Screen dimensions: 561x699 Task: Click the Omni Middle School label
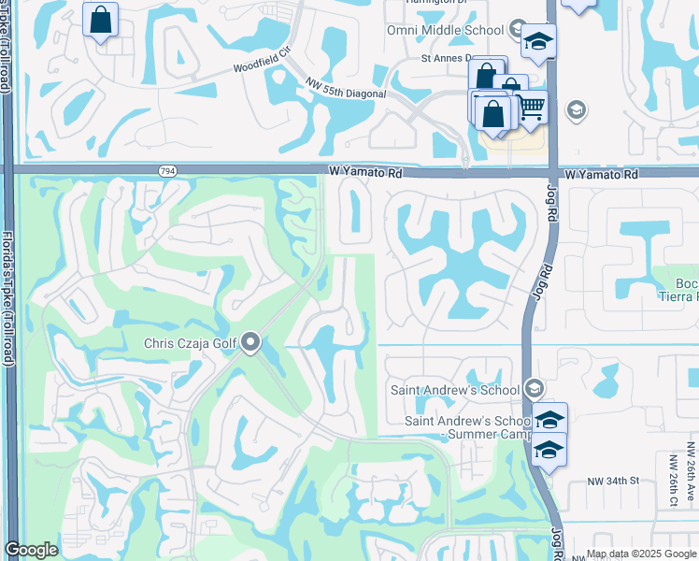pyautogui.click(x=446, y=30)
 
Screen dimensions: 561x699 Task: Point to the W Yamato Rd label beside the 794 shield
pyautogui.click(x=365, y=173)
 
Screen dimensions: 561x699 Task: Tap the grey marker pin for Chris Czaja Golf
pyautogui.click(x=250, y=343)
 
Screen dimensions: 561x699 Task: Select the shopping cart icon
pyautogui.click(x=531, y=109)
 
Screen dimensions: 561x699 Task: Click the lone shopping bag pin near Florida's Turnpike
pyautogui.click(x=100, y=19)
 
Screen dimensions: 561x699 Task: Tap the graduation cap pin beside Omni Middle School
pyautogui.click(x=538, y=40)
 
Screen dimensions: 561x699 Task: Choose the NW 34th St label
pyautogui.click(x=612, y=481)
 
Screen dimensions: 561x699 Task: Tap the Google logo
pyautogui.click(x=31, y=551)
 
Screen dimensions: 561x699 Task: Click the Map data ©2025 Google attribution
pyautogui.click(x=641, y=554)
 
